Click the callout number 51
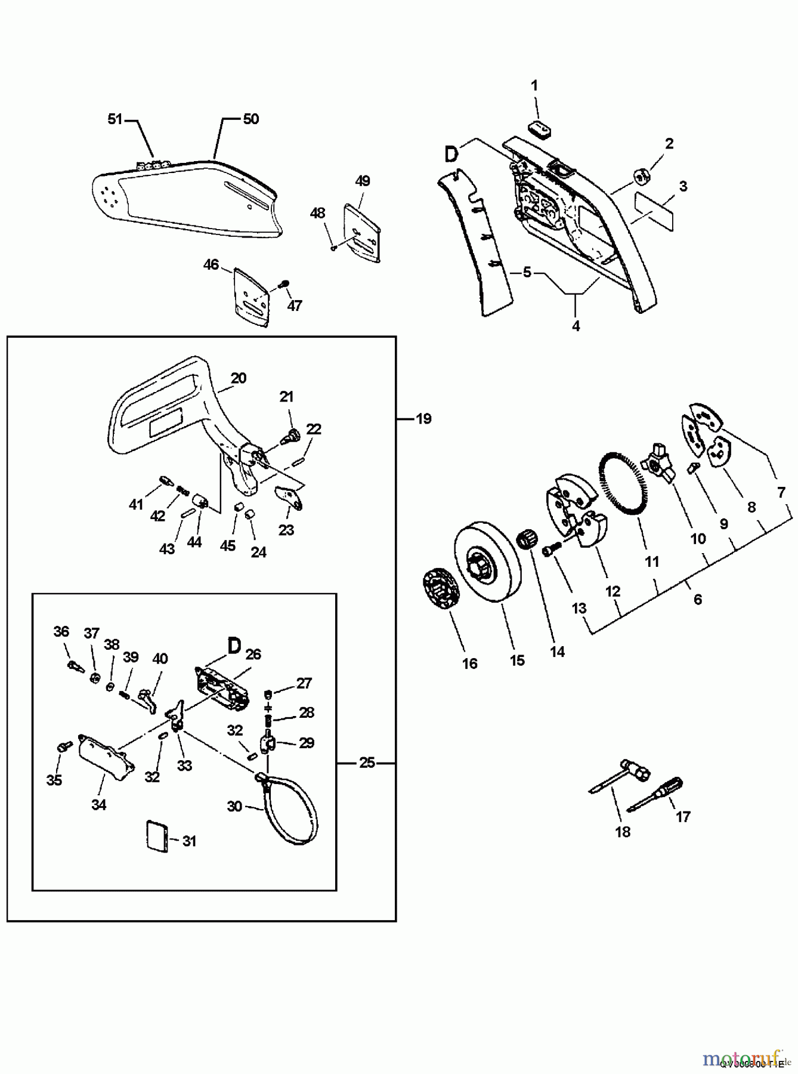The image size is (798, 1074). point(115,119)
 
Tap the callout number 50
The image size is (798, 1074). point(251,119)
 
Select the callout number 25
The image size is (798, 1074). point(367,763)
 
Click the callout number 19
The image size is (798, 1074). point(423,419)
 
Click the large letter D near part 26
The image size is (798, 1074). point(234,646)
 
